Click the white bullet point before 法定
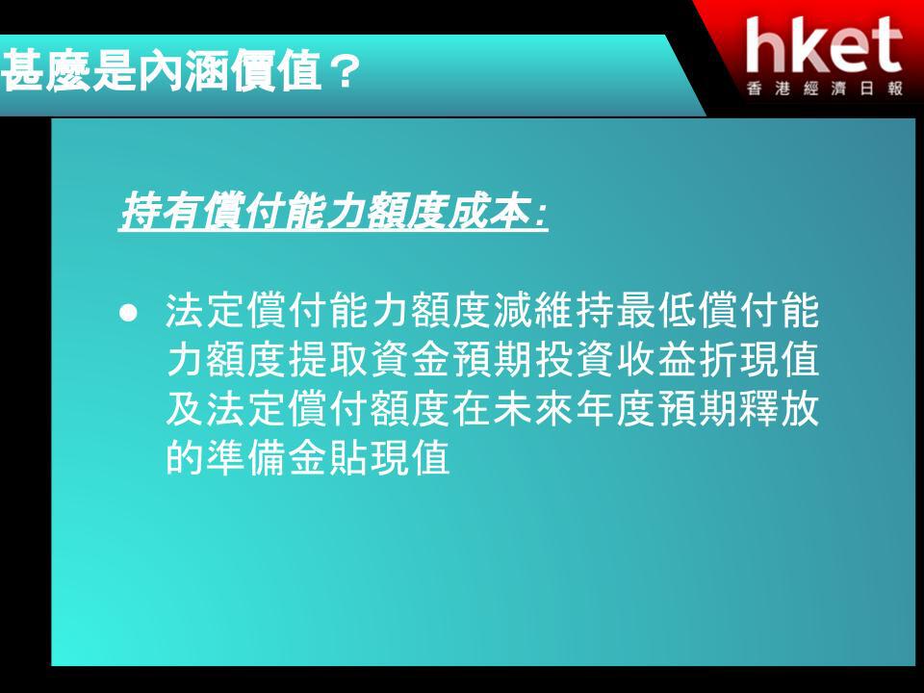[x=128, y=312]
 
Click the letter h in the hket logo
[x=765, y=45]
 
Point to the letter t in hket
[x=885, y=46]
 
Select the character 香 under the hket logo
[x=755, y=90]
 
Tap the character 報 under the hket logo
[x=895, y=90]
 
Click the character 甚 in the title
[x=23, y=70]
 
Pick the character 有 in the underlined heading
[x=180, y=211]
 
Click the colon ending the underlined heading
[x=540, y=216]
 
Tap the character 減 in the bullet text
[x=513, y=311]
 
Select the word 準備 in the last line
[x=245, y=457]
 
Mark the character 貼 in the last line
[x=348, y=457]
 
